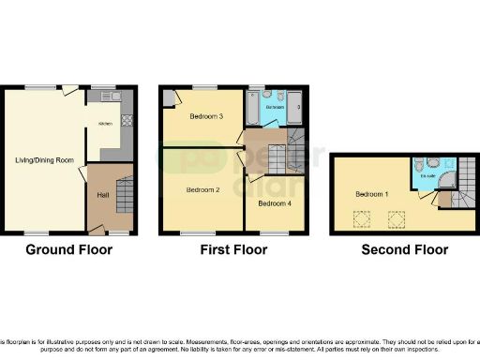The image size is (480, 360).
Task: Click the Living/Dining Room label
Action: (x=44, y=160)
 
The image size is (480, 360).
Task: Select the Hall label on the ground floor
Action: (x=102, y=195)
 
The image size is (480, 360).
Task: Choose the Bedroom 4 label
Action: (x=273, y=203)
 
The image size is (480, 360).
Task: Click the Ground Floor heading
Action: (x=68, y=249)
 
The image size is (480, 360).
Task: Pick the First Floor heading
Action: (x=233, y=249)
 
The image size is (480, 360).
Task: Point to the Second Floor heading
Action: (x=404, y=249)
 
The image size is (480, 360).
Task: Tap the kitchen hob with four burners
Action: (x=127, y=121)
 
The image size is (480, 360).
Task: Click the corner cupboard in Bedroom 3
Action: (x=167, y=96)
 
